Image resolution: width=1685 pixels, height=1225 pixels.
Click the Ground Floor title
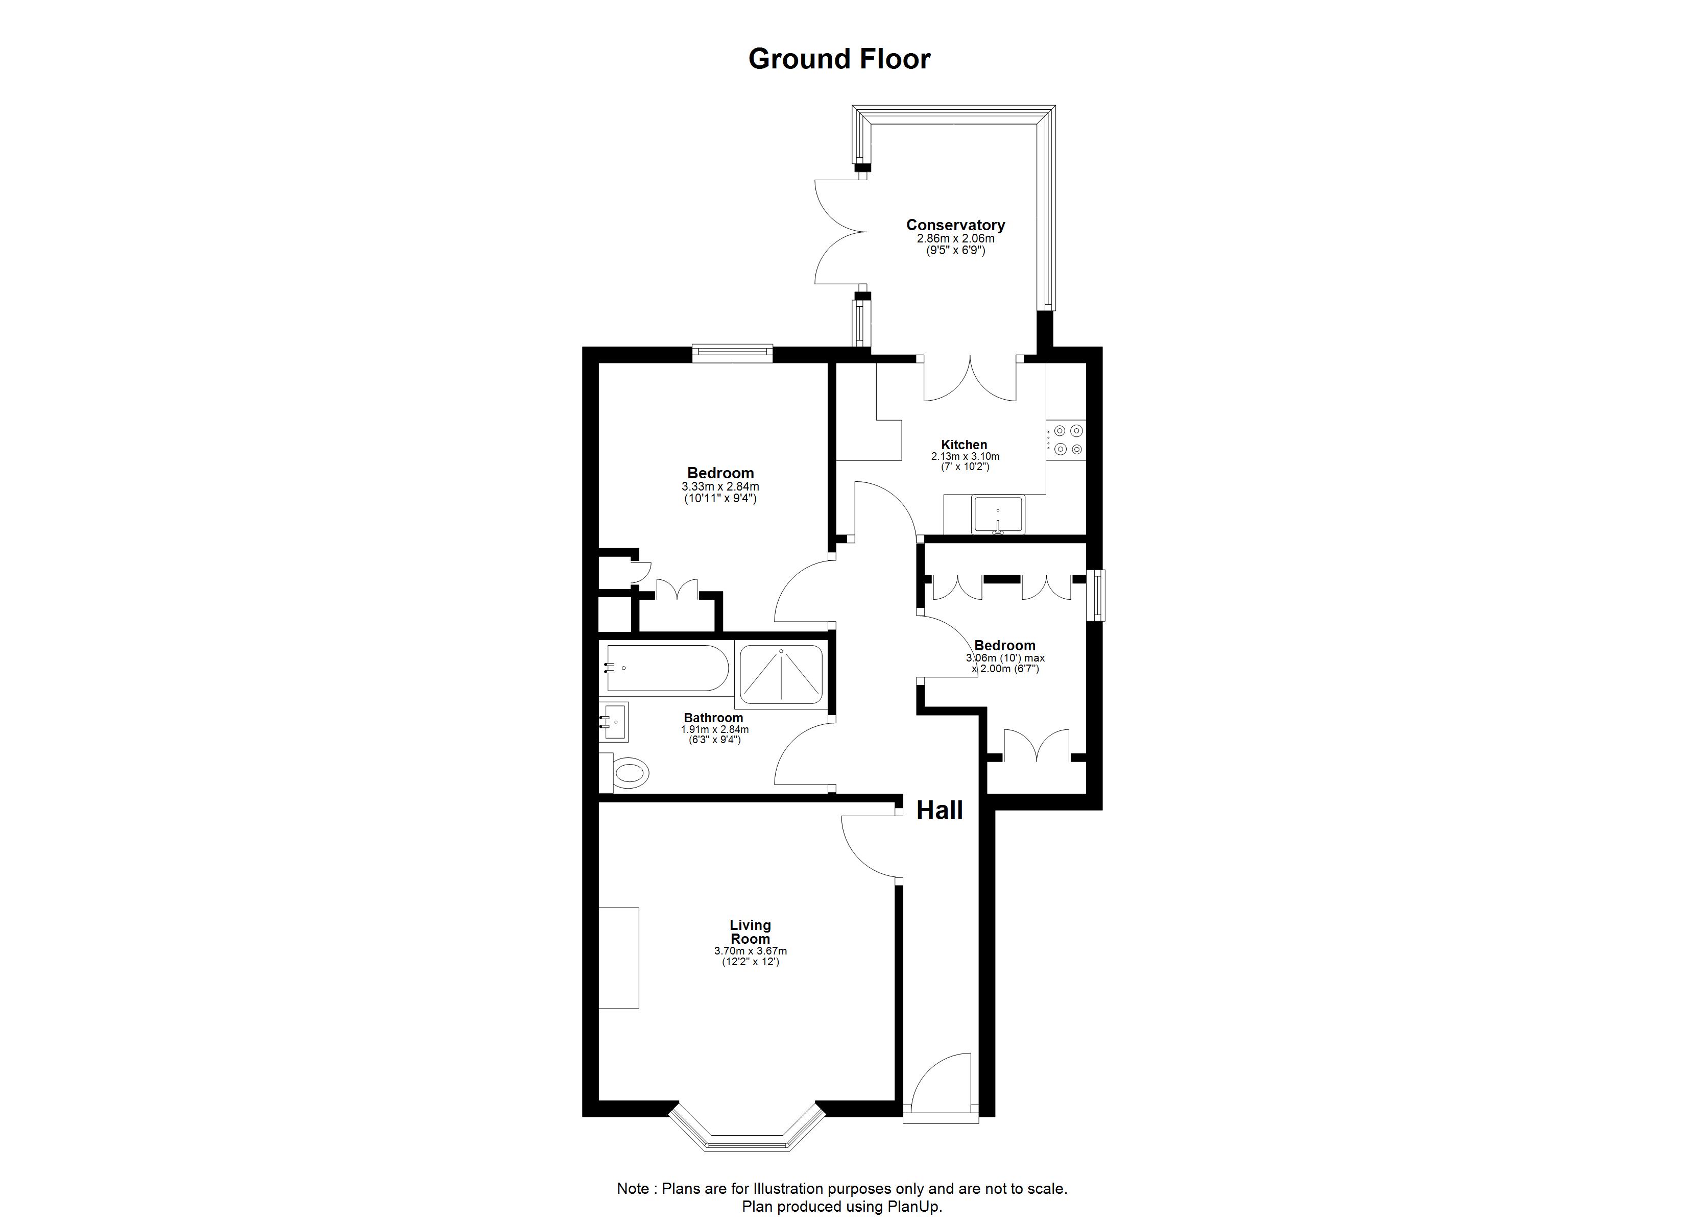pos(839,59)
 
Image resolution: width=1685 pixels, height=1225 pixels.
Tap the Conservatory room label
pos(955,225)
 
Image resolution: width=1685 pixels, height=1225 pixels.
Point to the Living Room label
pos(751,932)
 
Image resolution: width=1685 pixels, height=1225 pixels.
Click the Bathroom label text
pos(713,718)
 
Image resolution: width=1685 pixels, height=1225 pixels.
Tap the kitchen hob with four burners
pos(1066,440)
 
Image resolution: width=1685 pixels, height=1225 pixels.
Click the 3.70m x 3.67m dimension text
pos(751,951)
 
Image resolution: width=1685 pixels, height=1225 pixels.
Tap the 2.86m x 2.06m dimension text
pos(955,238)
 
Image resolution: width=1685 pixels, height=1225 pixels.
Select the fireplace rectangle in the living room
pos(619,958)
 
